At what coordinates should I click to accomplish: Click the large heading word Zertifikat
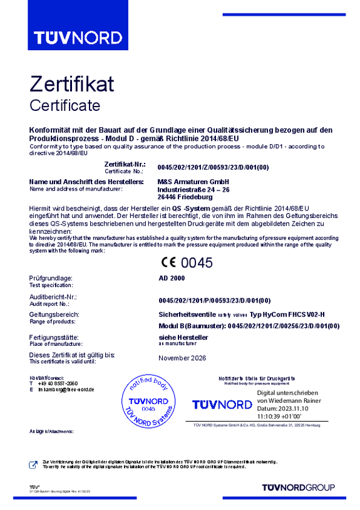tap(71, 85)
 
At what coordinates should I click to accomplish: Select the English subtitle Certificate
tap(64, 105)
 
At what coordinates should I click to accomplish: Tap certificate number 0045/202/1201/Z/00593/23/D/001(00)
tap(213, 167)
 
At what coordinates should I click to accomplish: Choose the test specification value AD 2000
tap(172, 278)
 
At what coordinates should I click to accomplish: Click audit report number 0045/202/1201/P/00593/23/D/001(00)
tap(214, 299)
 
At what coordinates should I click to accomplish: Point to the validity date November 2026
tap(182, 358)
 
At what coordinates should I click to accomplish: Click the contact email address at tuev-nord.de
tap(65, 389)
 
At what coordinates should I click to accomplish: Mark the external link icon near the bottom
tap(34, 464)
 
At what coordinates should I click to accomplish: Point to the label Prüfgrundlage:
tap(51, 278)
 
